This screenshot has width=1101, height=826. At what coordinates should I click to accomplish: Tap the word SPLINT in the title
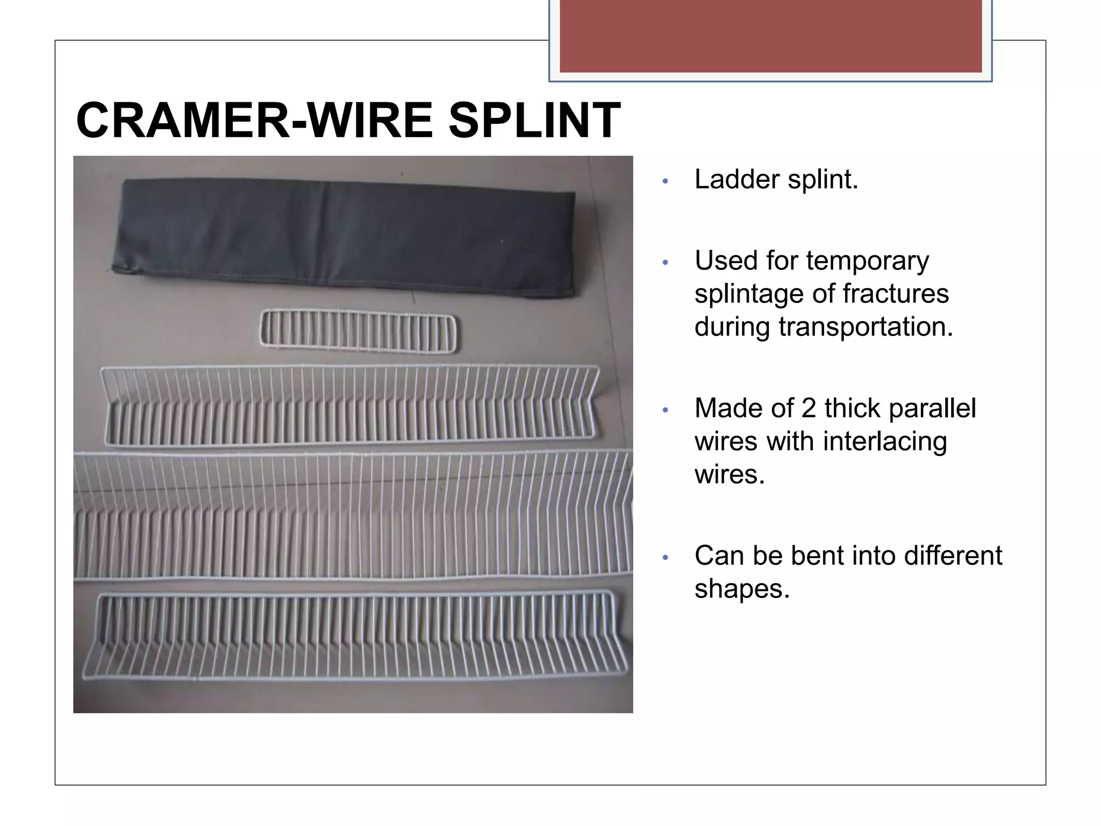point(534,120)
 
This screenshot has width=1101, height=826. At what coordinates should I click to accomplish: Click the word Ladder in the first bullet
point(737,180)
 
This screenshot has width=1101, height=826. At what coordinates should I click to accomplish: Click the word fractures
point(896,294)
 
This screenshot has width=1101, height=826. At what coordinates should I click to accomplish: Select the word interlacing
point(884,442)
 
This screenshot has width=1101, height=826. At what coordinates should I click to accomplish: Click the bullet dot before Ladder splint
point(666,181)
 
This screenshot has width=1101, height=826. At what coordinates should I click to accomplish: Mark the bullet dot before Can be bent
point(666,558)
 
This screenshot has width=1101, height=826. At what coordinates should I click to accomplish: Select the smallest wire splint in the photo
point(358,331)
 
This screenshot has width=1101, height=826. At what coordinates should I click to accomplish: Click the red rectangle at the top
point(770,36)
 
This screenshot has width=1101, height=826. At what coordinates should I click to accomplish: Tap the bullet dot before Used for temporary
point(666,263)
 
